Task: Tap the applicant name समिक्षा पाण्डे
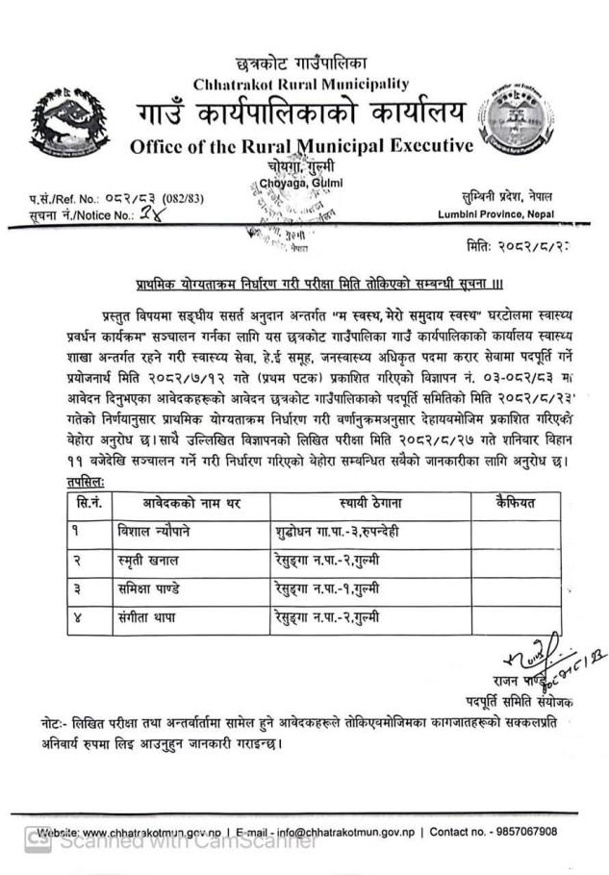158,587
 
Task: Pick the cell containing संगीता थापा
153,616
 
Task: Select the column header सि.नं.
89,502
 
